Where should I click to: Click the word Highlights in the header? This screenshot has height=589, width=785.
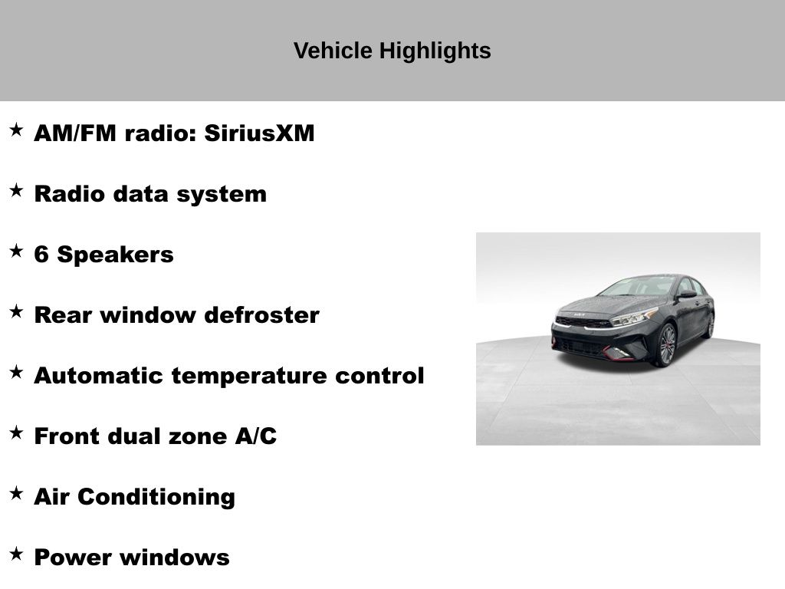(x=435, y=51)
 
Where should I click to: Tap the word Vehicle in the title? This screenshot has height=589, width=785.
(x=333, y=51)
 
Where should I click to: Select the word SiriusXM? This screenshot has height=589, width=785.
(x=259, y=133)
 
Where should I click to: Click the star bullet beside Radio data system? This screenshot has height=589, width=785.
(x=17, y=190)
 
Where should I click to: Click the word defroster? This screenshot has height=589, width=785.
(x=262, y=315)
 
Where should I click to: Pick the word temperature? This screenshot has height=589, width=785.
(x=249, y=376)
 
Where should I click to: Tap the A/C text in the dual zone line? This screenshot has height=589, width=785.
(x=256, y=436)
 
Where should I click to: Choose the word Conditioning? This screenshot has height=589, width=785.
(x=156, y=497)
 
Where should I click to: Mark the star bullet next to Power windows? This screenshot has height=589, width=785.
(x=17, y=554)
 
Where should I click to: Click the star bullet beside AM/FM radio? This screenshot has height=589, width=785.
(x=17, y=130)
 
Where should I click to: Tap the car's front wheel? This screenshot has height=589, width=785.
(x=667, y=345)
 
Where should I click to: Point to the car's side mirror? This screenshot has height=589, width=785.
(x=687, y=294)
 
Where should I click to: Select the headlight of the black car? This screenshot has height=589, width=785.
(x=632, y=317)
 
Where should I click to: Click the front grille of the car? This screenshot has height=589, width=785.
(x=583, y=322)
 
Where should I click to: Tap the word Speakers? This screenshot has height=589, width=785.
(x=115, y=255)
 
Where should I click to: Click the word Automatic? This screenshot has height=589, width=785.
(x=99, y=376)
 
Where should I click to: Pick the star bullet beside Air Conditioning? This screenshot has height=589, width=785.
(x=17, y=493)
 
